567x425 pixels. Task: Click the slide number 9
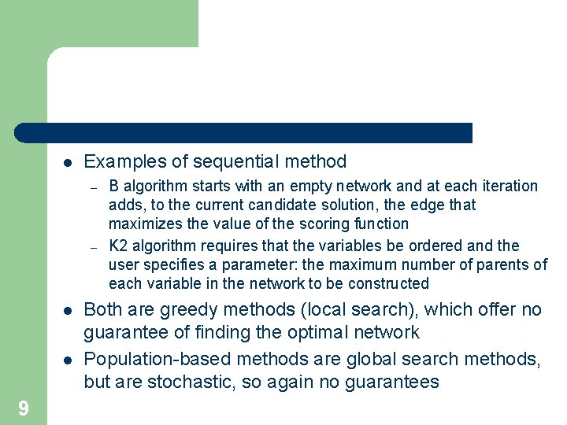[24, 408]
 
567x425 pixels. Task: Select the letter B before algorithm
[114, 187]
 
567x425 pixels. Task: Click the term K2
[118, 245]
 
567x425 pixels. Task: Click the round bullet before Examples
[68, 163]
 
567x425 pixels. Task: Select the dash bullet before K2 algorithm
[93, 246]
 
